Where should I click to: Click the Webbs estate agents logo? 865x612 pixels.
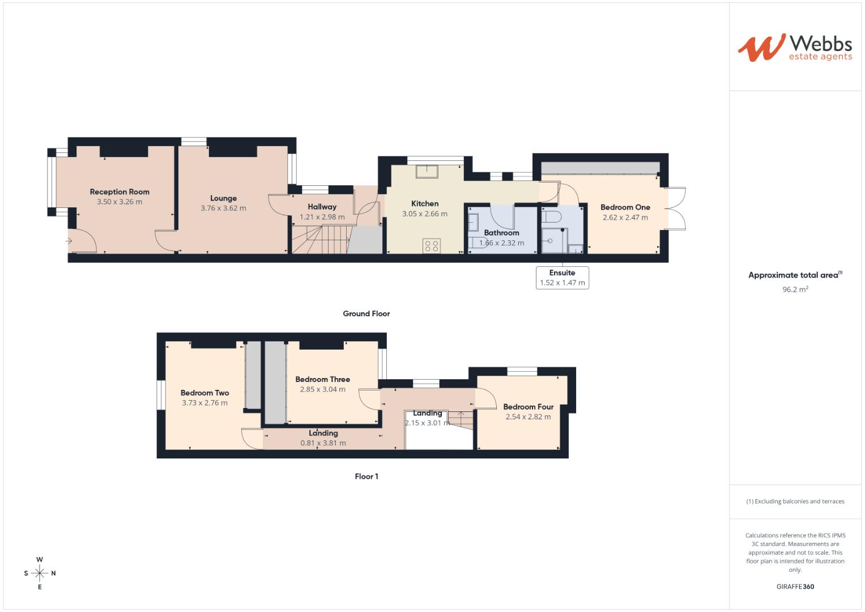(x=795, y=48)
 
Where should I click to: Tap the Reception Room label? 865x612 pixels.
(x=120, y=192)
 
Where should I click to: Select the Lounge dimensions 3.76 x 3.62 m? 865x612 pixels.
(x=223, y=209)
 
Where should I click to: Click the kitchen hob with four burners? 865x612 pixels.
(x=432, y=246)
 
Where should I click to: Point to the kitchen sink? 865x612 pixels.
(x=427, y=171)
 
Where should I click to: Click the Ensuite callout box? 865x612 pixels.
(x=562, y=278)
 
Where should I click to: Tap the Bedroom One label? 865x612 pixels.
(x=625, y=207)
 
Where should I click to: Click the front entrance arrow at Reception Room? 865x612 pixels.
(x=69, y=241)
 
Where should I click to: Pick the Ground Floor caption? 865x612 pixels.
(x=366, y=314)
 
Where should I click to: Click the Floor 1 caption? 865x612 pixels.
(x=367, y=477)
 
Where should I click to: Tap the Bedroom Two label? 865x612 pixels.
(x=204, y=393)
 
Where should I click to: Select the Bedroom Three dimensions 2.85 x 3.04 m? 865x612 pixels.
(x=322, y=390)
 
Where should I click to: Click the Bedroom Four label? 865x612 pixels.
(x=528, y=407)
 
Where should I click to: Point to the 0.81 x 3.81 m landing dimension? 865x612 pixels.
(x=323, y=443)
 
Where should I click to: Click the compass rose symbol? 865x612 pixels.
(x=40, y=573)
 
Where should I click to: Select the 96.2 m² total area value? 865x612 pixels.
(x=795, y=290)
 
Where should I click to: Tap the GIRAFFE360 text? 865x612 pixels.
(x=795, y=586)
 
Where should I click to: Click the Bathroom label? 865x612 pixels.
(x=501, y=233)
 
